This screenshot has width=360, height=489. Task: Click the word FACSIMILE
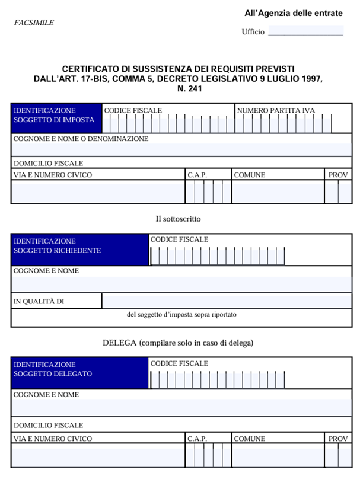[x=34, y=23]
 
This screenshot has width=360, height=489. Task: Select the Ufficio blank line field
[x=305, y=31]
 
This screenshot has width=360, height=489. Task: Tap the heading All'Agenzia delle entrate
[x=293, y=13]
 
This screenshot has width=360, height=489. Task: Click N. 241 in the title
[x=190, y=89]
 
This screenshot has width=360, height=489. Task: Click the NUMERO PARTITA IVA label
[x=276, y=110]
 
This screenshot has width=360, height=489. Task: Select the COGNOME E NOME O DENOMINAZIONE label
[x=81, y=139]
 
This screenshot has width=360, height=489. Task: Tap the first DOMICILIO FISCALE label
[x=48, y=163]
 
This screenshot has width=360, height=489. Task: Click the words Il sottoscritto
[x=178, y=219]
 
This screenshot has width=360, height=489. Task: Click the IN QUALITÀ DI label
[x=39, y=301]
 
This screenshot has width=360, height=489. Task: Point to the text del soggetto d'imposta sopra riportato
[x=181, y=315]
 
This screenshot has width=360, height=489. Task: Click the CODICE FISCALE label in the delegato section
[x=179, y=363]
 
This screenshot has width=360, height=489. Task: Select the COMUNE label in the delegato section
[x=250, y=439]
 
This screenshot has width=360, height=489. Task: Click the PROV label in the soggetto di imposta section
[x=338, y=175]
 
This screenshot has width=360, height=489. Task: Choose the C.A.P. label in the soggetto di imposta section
[x=197, y=175]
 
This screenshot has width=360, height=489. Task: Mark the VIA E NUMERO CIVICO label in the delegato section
[x=53, y=439]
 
